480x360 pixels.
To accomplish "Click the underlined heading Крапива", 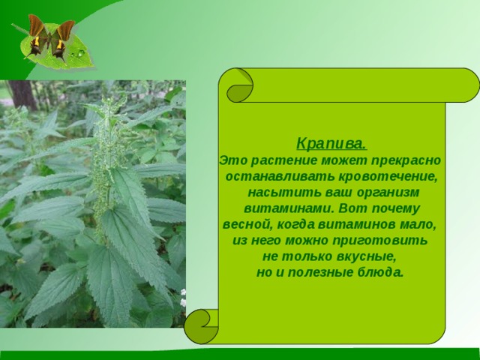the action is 331,143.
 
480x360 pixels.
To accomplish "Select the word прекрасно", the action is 406,160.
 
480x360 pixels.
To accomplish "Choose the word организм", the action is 388,193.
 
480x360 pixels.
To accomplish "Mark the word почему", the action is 395,209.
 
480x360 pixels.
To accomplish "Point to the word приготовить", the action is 379,241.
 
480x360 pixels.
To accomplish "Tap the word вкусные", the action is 367,256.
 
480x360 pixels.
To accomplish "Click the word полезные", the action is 320,272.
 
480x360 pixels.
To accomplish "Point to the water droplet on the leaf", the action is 81,53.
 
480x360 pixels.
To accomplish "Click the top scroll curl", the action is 240,85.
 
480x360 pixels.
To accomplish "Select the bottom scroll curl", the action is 202,326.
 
